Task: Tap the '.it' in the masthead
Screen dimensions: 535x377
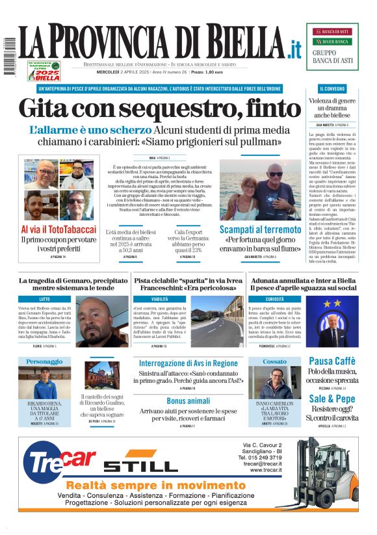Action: point(295,48)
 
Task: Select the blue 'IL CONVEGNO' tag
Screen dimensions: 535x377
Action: point(332,88)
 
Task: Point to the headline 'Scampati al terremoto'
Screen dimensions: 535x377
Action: point(260,229)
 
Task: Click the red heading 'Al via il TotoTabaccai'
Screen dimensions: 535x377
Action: point(58,229)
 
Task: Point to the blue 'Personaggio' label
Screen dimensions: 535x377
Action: point(44,361)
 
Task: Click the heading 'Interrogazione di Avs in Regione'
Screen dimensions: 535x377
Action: point(188,363)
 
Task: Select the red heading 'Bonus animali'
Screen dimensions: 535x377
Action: point(188,400)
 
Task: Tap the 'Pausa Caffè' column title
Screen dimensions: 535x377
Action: point(331,361)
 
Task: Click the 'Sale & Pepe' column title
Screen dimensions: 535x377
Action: point(331,398)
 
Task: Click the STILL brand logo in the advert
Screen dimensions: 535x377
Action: point(140,466)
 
